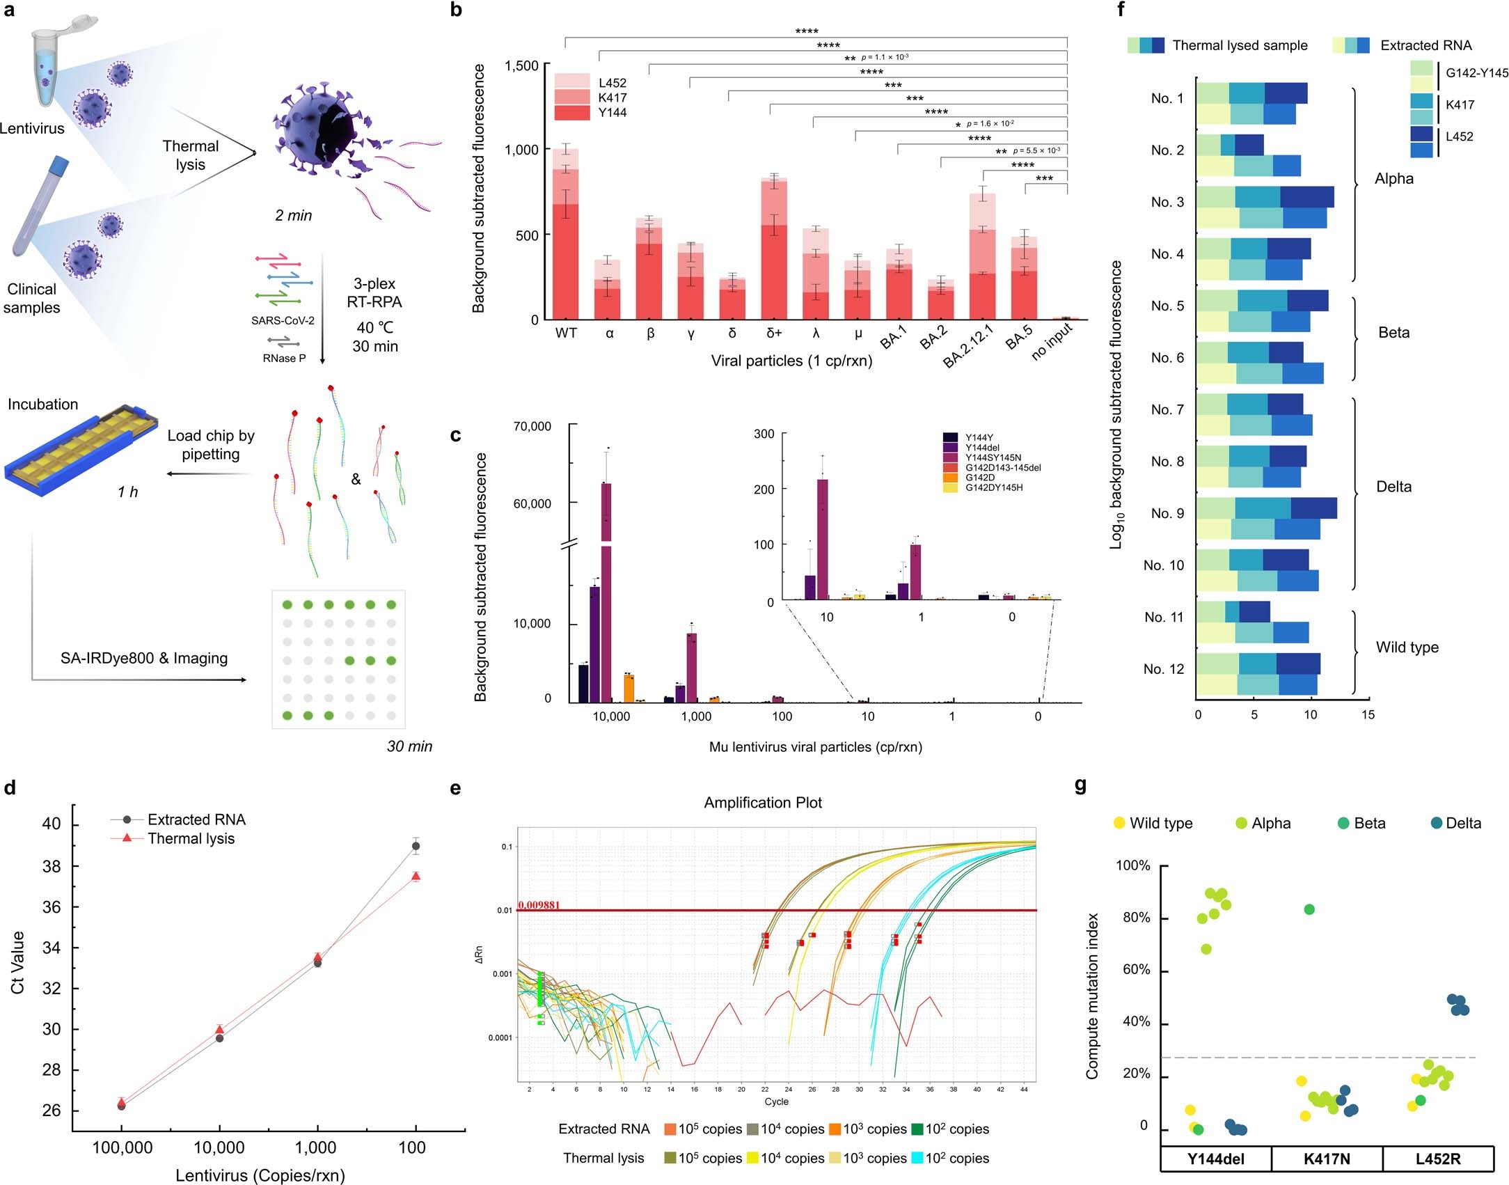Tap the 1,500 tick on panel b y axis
521,66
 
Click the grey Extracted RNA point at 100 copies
416,847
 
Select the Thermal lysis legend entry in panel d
190,838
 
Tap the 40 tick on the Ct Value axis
52,824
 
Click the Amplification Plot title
762,802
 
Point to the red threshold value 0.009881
539,904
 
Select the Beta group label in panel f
1393,333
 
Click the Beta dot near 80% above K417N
1309,909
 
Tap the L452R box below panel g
1437,1159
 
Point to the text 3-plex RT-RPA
374,292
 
